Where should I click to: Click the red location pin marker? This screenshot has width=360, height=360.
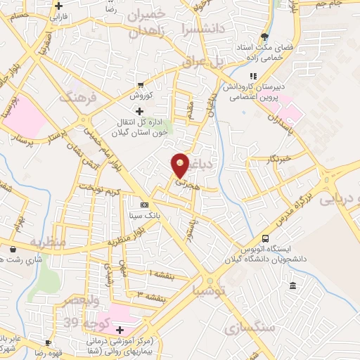click(x=180, y=165)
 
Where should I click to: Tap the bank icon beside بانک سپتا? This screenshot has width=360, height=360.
click(x=145, y=205)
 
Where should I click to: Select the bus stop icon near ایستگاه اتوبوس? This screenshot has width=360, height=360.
click(x=265, y=239)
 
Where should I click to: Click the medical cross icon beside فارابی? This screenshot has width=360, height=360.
click(x=59, y=5)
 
